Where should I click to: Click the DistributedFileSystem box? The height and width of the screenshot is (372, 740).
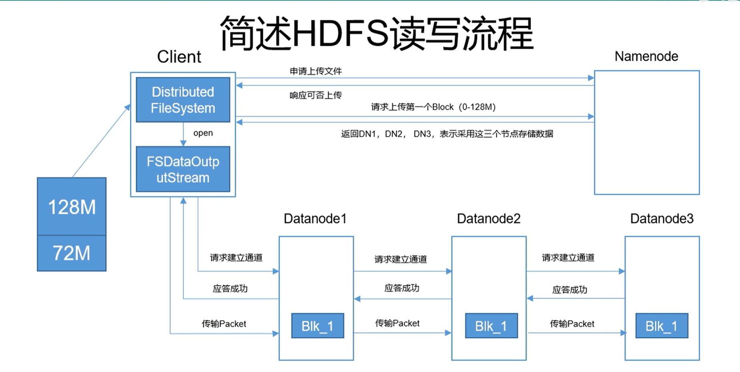183,100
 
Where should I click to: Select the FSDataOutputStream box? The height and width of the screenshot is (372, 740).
183,169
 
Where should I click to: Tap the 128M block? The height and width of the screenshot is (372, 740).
72,207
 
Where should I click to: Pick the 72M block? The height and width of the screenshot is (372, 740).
72,253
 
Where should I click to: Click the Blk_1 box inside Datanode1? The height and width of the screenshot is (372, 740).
317,326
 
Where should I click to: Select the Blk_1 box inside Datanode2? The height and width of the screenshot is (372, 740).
491,326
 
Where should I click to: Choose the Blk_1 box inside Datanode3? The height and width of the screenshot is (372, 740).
662,326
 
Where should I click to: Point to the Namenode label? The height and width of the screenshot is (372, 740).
646,56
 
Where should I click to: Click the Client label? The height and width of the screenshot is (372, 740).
179,57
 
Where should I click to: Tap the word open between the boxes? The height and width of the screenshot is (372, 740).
203,133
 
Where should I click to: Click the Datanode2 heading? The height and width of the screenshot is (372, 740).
489,219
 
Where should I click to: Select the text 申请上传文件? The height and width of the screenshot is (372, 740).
316,71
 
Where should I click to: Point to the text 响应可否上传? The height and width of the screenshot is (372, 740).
316,95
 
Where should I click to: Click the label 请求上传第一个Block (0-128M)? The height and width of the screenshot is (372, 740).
433,107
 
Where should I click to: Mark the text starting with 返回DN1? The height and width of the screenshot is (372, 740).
447,134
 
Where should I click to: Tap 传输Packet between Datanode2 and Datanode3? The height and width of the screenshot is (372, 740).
572,324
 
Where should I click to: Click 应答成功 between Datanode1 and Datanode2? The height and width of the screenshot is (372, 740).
401,288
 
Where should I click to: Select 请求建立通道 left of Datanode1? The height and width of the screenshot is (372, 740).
236,258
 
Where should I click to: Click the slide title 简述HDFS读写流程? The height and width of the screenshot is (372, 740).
376,34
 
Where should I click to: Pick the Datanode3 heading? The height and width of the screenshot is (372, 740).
662,219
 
